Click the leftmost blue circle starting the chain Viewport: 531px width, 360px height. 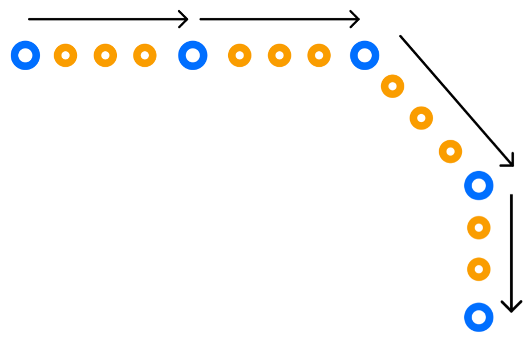tap(25, 55)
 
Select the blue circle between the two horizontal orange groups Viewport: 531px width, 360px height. tap(193, 55)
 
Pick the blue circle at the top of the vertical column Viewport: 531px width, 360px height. tap(479, 185)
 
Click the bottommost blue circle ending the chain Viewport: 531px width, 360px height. tap(479, 317)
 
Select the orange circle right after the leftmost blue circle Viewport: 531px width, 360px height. tap(66, 55)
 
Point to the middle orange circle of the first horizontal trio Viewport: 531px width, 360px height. tap(106, 55)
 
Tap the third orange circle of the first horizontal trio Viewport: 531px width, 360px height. tap(145, 55)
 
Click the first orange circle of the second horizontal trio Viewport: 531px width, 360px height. tap(240, 55)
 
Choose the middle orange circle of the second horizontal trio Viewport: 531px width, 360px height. tap(279, 55)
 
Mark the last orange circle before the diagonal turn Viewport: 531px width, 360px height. tap(319, 55)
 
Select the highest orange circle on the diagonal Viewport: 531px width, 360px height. tap(392, 86)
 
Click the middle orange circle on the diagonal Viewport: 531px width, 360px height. tap(421, 118)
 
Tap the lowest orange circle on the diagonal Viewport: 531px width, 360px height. tap(451, 151)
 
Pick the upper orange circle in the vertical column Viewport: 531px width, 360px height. tap(479, 228)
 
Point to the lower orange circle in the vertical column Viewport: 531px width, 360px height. tap(479, 269)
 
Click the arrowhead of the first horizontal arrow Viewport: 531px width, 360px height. tap(186, 19)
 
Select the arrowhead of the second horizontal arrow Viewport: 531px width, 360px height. tap(358, 19)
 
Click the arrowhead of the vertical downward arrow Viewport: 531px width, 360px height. tap(511, 309)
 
